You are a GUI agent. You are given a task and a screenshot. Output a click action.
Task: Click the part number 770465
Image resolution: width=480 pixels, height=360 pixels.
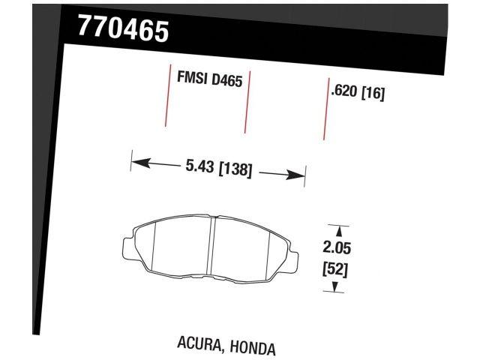pyautogui.click(x=123, y=31)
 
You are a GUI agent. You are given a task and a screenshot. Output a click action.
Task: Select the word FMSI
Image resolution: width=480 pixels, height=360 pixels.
pyautogui.click(x=193, y=77)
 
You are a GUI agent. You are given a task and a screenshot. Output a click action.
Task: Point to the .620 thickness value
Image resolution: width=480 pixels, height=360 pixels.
pyautogui.click(x=343, y=93)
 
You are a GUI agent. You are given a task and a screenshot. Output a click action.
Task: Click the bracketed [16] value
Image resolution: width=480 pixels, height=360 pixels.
pyautogui.click(x=373, y=95)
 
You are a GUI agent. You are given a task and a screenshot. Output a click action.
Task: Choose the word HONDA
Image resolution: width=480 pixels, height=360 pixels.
pyautogui.click(x=252, y=348)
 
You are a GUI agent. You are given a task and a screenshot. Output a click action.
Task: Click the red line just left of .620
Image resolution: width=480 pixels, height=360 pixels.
pyautogui.click(x=325, y=109)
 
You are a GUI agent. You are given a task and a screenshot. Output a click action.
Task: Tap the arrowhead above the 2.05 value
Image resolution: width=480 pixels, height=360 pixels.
pyautogui.click(x=338, y=229)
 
